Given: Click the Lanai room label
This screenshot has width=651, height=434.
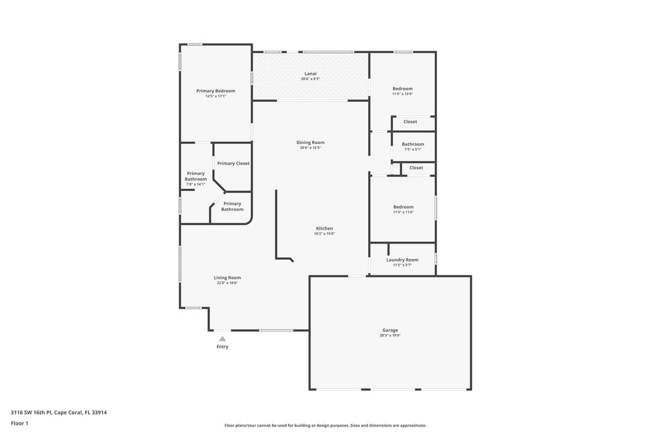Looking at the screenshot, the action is (310, 74).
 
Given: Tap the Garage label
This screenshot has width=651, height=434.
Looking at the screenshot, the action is (390, 330).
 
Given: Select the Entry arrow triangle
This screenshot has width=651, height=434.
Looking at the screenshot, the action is (222, 339).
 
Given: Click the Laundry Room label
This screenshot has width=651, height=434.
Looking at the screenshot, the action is (402, 260).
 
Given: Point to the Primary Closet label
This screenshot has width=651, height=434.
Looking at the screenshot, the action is (233, 163).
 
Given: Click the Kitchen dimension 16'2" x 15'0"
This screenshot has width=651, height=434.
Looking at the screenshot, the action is (325, 233).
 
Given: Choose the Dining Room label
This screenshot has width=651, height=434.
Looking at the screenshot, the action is (310, 142).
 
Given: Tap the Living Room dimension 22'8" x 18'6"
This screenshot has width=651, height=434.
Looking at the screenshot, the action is (227, 283).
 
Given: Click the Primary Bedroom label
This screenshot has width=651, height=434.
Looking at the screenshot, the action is (216, 91).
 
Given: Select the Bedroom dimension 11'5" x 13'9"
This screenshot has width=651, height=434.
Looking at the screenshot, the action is (403, 94).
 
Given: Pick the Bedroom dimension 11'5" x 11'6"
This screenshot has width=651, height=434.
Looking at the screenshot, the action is (403, 212).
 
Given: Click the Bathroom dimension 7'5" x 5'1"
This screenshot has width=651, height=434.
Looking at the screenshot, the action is (413, 149).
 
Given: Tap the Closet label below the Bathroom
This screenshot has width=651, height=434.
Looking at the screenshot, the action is (417, 168).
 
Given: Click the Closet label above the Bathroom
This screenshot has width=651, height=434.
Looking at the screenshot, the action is (410, 122).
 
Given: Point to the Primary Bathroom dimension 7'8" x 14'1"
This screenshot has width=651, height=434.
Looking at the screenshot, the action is (195, 184).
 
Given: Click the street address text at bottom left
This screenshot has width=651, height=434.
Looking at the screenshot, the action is (58, 412).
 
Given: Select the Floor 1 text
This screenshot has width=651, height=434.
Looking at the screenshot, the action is (19, 424).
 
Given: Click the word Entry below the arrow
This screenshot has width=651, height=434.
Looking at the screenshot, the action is (222, 347).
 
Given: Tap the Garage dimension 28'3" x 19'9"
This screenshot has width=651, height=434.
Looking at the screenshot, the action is (390, 335).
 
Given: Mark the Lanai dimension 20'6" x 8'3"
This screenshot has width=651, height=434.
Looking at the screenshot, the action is (310, 79).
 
